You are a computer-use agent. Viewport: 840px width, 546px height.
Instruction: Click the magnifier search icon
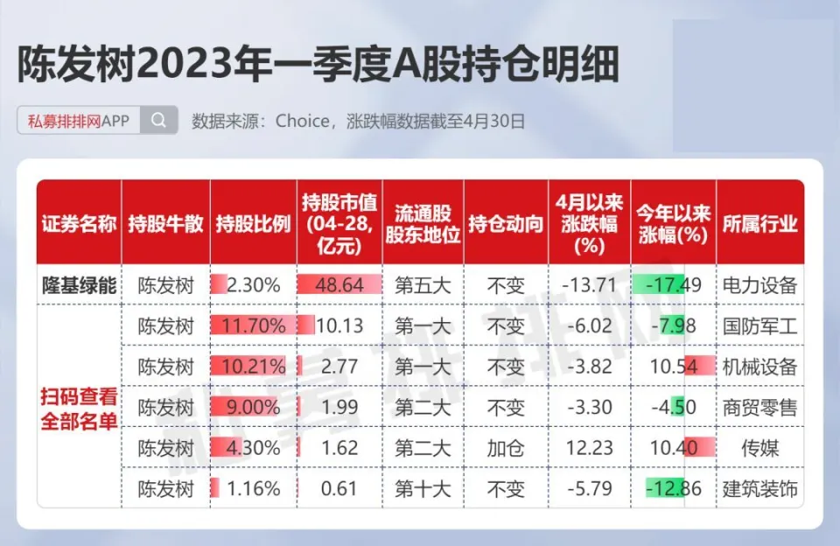[x=158, y=121]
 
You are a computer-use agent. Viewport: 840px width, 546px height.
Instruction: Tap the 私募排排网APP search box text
[x=78, y=121]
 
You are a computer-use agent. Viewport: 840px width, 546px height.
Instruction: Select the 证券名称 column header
[x=79, y=223]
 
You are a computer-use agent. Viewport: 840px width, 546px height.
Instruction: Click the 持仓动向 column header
[x=506, y=223]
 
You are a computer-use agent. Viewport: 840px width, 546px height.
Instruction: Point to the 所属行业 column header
[x=760, y=223]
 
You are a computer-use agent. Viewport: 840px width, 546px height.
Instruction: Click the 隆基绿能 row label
[x=79, y=284]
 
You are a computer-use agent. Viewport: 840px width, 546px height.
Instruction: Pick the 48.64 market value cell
[x=338, y=284]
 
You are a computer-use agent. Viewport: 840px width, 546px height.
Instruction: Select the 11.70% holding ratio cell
[x=254, y=325]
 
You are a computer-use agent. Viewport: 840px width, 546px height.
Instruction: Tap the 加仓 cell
[x=506, y=448]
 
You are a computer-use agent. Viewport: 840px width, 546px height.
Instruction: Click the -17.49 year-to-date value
[x=673, y=284]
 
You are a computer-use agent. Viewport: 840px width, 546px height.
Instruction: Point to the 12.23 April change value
[x=591, y=448]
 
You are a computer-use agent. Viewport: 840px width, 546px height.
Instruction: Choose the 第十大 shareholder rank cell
[x=423, y=488]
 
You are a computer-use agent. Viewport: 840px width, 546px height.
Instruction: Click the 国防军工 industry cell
[x=760, y=325]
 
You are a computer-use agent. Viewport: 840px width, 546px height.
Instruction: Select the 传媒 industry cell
[x=760, y=448]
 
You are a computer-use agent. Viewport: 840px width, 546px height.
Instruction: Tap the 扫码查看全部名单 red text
[x=79, y=407]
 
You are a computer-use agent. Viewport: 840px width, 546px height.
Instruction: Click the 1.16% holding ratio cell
[x=254, y=488]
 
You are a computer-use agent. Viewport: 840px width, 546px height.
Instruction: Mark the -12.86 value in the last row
[x=673, y=488]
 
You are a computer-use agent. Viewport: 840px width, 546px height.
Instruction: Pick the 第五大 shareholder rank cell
[x=423, y=284]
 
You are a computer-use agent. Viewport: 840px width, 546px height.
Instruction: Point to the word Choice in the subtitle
[x=303, y=121]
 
